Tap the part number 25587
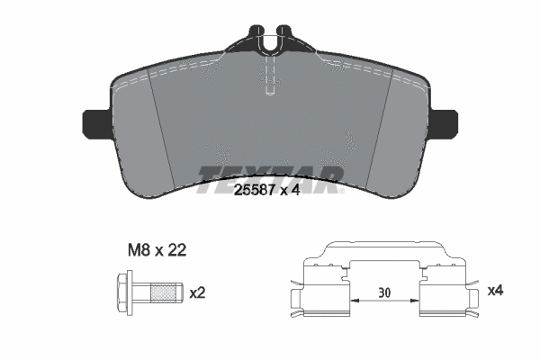coord(254,189)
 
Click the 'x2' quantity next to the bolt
coord(197,292)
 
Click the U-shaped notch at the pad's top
coord(270,40)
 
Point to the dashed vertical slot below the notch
coord(270,76)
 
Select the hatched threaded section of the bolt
coord(163,292)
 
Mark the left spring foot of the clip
coord(297,303)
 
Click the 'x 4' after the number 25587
coord(291,189)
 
